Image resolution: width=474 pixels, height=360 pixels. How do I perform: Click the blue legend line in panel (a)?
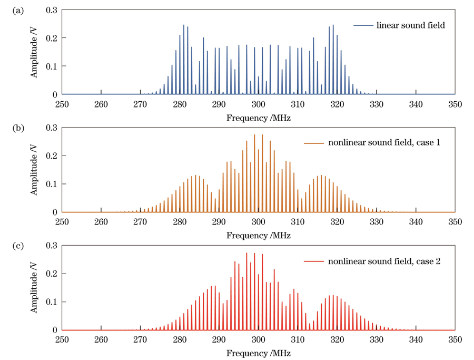(x=363, y=25)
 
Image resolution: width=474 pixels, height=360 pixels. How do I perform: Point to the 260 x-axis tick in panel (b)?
(x=101, y=222)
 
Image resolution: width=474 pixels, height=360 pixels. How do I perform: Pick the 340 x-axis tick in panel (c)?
(x=416, y=340)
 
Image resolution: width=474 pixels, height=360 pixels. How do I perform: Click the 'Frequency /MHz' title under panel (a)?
(x=259, y=118)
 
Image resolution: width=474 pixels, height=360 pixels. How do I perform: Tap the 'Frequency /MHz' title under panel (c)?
(x=259, y=354)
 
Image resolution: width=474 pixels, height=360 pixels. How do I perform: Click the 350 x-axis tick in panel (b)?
(x=455, y=222)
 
